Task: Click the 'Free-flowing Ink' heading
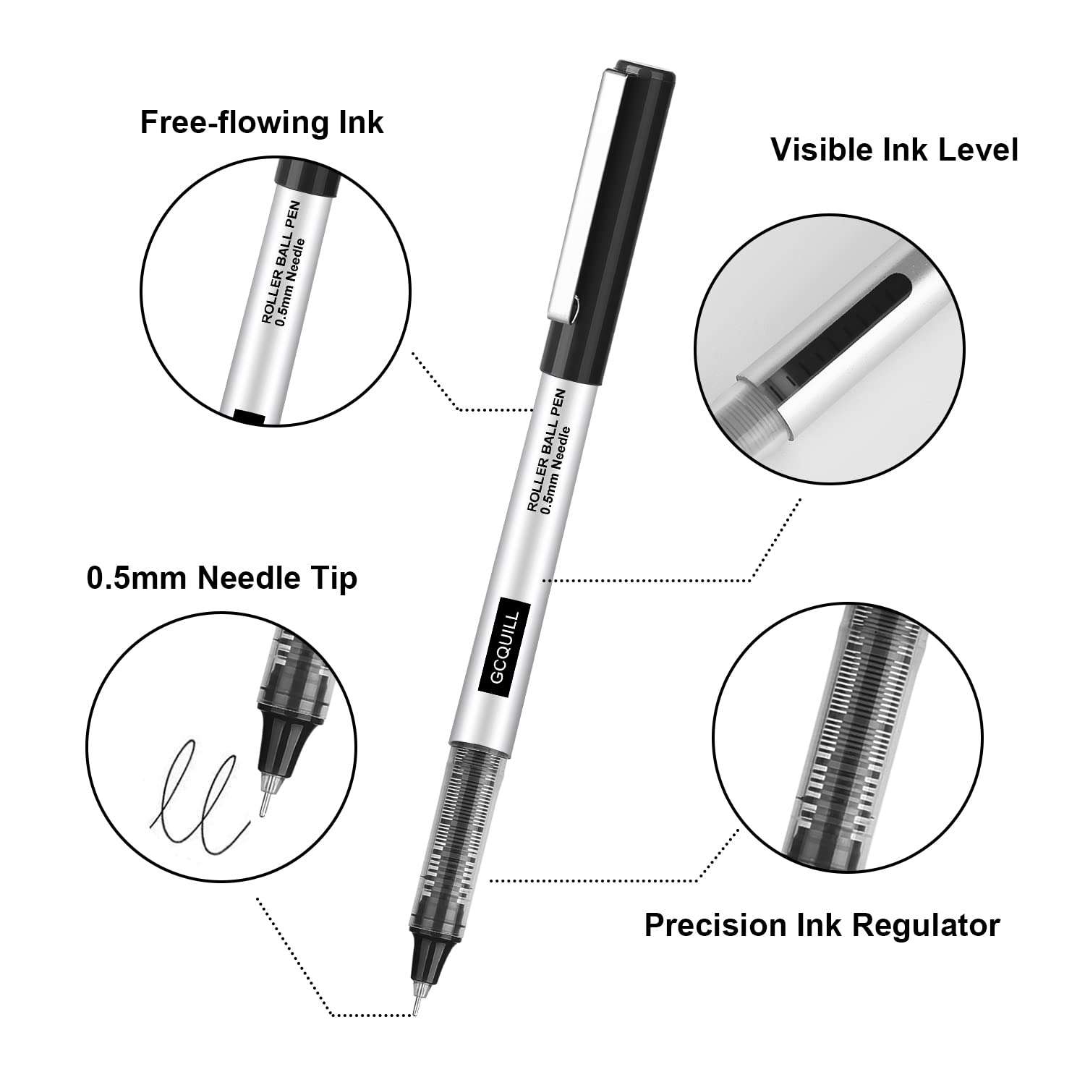(x=261, y=122)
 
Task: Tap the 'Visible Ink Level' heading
(x=894, y=150)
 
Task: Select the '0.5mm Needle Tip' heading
(x=221, y=579)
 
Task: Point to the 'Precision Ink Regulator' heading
(x=822, y=925)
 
